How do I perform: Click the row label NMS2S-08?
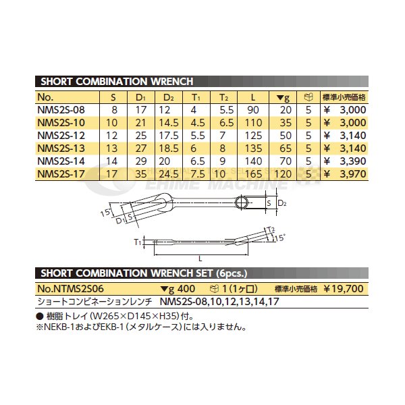61,110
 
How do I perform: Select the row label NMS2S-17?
61,174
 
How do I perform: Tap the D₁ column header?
141,97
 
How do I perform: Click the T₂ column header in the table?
223,97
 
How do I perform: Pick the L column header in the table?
253,97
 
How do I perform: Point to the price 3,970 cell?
353,174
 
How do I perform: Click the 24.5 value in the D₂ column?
169,174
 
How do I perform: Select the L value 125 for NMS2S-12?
253,136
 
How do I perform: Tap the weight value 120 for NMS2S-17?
283,174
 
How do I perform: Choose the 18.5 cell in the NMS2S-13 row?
169,148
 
